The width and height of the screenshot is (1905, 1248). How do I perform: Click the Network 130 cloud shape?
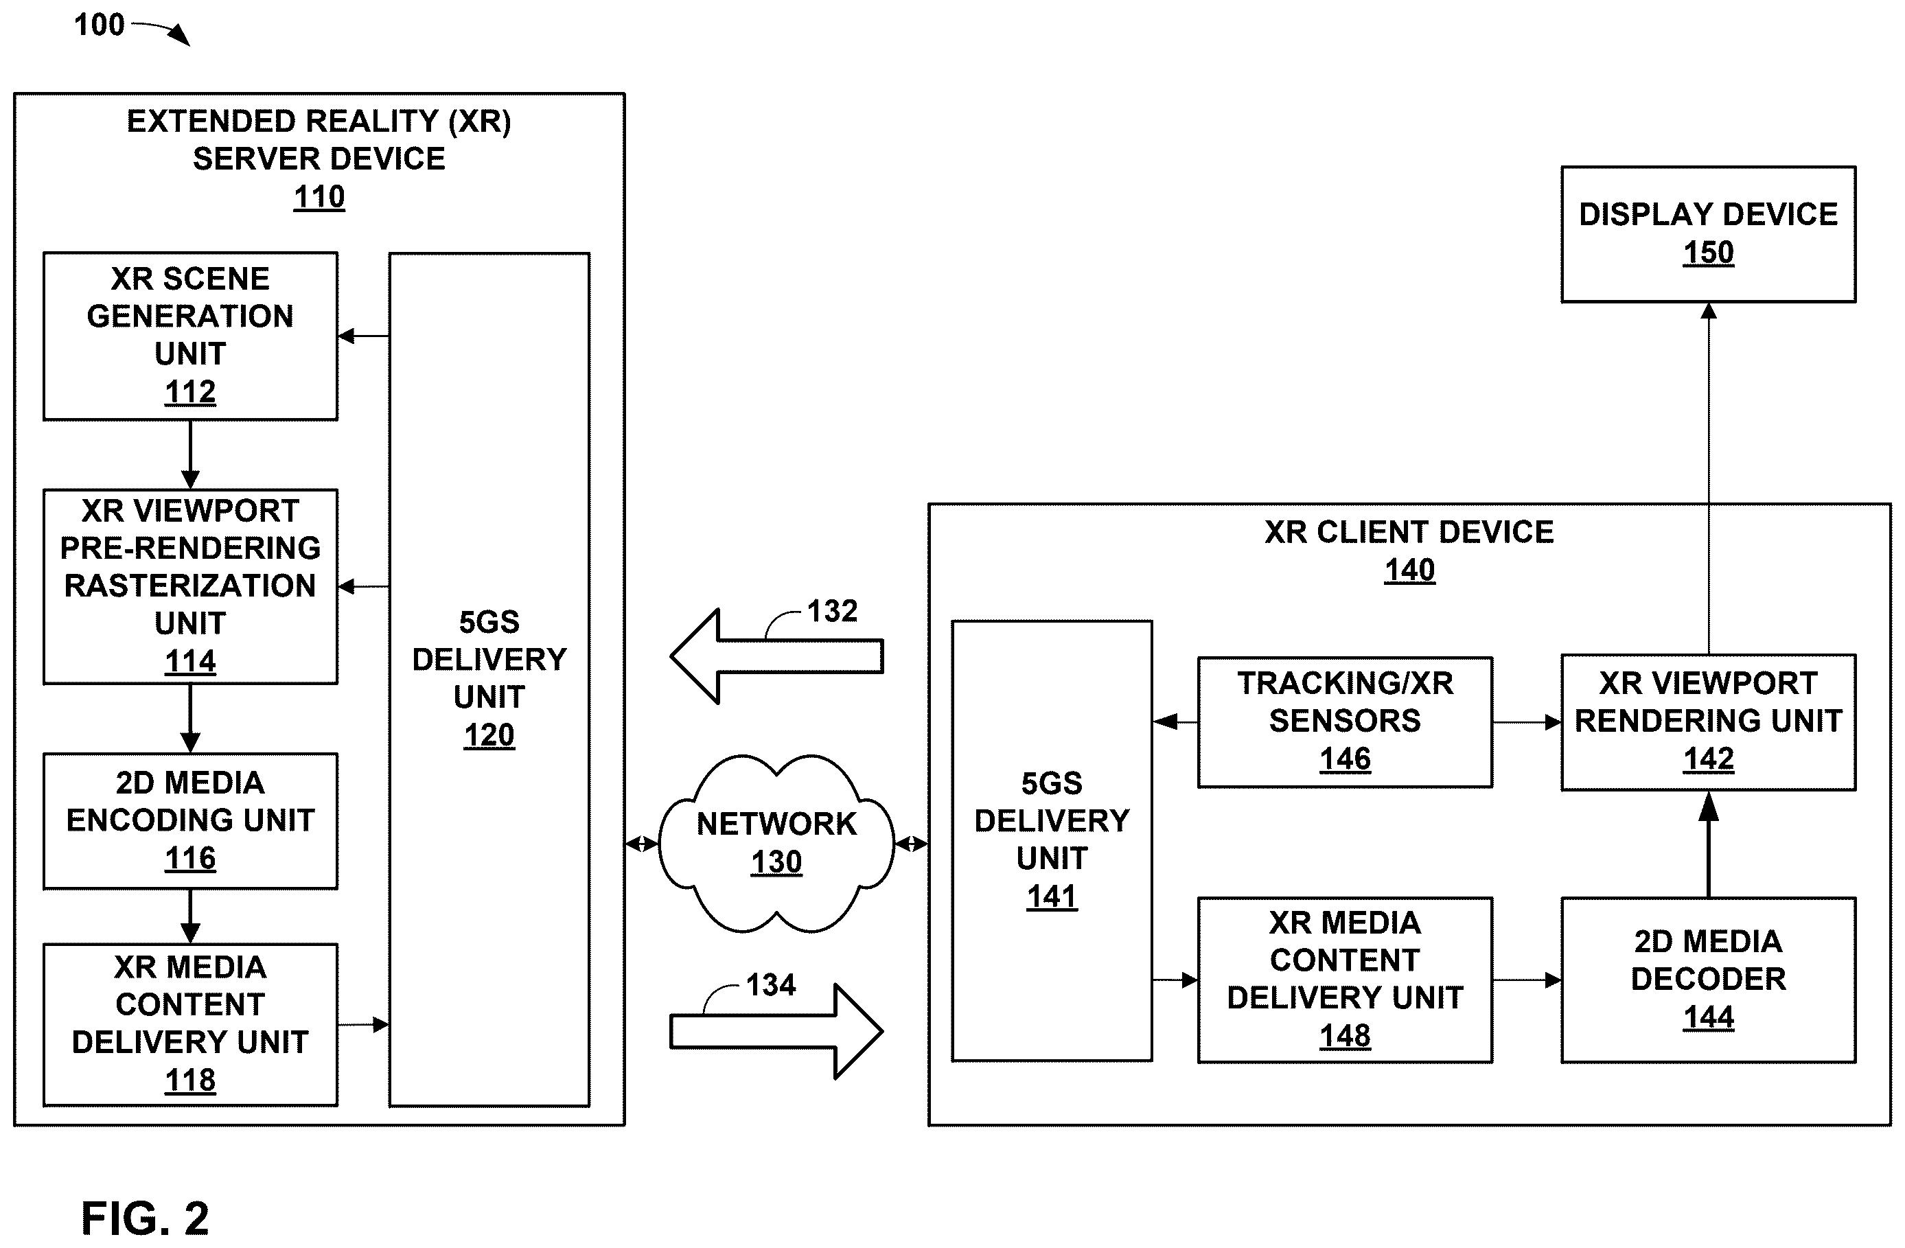pyautogui.click(x=776, y=843)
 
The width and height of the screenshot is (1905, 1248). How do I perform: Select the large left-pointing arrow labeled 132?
pyautogui.click(x=776, y=656)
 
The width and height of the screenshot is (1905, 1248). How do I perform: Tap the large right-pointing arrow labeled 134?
pyautogui.click(x=776, y=1031)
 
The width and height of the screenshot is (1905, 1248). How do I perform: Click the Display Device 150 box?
pyautogui.click(x=1708, y=234)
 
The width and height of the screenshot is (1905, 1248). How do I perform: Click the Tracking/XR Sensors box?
pyautogui.click(x=1345, y=722)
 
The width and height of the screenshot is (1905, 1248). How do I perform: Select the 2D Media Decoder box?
pyautogui.click(x=1708, y=980)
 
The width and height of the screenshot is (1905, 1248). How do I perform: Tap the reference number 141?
pyautogui.click(x=1052, y=897)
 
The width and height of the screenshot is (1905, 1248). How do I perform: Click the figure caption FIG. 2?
pyautogui.click(x=145, y=1218)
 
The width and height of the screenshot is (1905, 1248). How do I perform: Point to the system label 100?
pyautogui.click(x=100, y=25)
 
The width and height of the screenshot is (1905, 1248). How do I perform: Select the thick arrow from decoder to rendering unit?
pyautogui.click(x=1708, y=844)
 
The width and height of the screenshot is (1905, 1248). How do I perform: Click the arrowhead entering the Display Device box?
pyautogui.click(x=1708, y=310)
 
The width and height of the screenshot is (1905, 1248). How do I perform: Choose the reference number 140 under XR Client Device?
pyautogui.click(x=1409, y=570)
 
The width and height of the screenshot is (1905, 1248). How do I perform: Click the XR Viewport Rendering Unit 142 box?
pyautogui.click(x=1708, y=722)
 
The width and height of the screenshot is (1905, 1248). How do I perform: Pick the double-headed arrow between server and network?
pyautogui.click(x=641, y=844)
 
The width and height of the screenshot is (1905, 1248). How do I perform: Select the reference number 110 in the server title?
pyautogui.click(x=319, y=196)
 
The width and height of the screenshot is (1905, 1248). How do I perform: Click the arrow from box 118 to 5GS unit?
pyautogui.click(x=363, y=1025)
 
